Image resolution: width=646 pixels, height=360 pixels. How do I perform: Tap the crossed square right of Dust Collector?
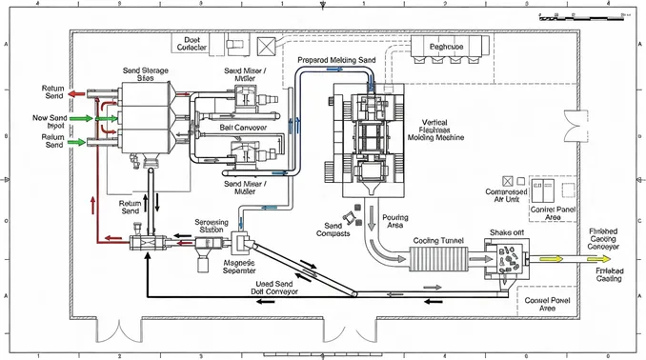265,44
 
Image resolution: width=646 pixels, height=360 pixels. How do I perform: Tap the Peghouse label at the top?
445,47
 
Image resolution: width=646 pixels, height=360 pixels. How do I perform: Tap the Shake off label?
505,232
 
